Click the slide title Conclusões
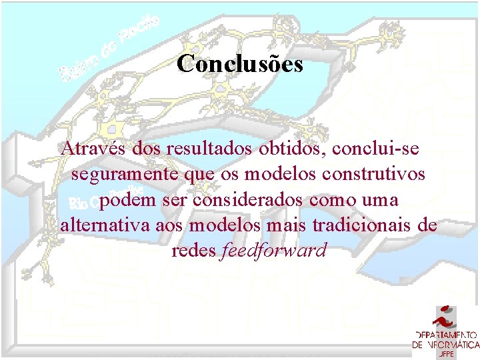(x=240, y=64)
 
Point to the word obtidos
(x=291, y=148)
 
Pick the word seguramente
(x=123, y=175)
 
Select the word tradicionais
(x=359, y=225)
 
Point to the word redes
(x=193, y=251)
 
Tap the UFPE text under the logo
(x=447, y=354)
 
